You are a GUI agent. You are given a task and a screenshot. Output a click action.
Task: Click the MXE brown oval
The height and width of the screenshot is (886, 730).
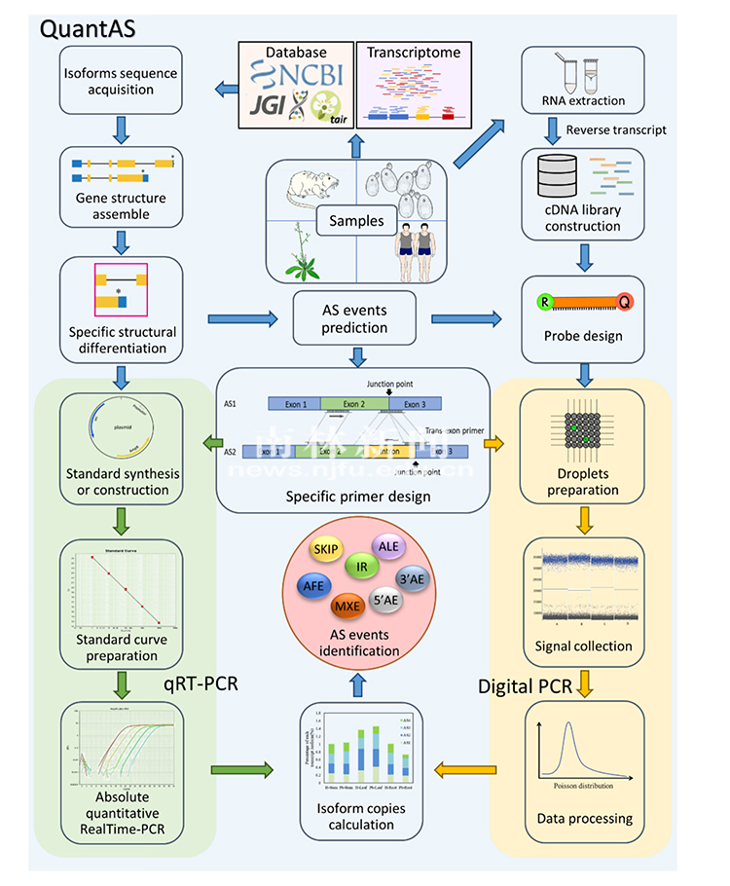[x=347, y=608]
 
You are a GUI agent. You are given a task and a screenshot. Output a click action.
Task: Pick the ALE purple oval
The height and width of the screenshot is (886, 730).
[x=388, y=545]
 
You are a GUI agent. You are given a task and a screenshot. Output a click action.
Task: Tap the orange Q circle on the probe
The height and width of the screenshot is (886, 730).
[x=624, y=302]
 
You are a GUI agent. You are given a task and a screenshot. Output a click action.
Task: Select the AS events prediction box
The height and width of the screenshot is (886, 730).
[x=355, y=319]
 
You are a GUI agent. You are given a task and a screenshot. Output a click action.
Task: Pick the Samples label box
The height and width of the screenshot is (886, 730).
[x=355, y=220]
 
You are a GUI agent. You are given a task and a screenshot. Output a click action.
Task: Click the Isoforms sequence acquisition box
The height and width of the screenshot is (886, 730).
[x=122, y=81]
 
